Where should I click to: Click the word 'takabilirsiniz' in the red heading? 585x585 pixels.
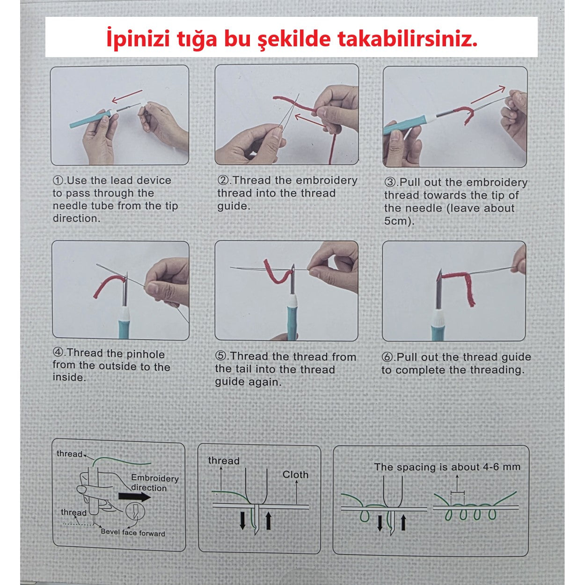pyautogui.click(x=407, y=39)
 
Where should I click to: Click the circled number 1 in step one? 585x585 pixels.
pyautogui.click(x=58, y=181)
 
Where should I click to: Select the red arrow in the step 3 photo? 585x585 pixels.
pyautogui.click(x=488, y=95)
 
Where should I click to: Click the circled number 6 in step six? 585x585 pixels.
pyautogui.click(x=388, y=358)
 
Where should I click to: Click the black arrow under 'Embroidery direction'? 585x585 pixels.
pyautogui.click(x=134, y=497)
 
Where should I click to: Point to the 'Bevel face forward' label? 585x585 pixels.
pyautogui.click(x=133, y=533)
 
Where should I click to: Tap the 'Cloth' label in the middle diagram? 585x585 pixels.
pyautogui.click(x=295, y=475)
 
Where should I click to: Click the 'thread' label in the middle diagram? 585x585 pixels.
pyautogui.click(x=223, y=461)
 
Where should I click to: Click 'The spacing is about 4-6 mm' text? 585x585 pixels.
pyautogui.click(x=447, y=467)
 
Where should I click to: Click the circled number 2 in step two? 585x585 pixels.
pyautogui.click(x=223, y=181)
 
